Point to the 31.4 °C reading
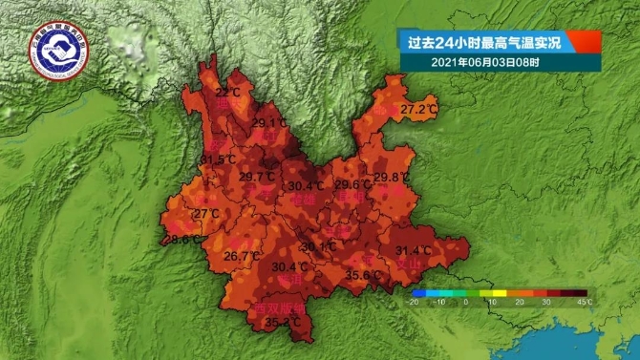pyautogui.click(x=414, y=251)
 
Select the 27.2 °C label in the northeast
pyautogui.click(x=418, y=111)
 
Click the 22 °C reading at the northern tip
pyautogui.click(x=227, y=93)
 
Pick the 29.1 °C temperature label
pyautogui.click(x=269, y=123)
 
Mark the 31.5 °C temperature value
pyautogui.click(x=218, y=159)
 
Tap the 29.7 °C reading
pyautogui.click(x=257, y=177)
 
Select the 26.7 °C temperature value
pyautogui.click(x=241, y=256)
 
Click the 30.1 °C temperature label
pyautogui.click(x=318, y=246)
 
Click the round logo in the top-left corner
pyautogui.click(x=60, y=50)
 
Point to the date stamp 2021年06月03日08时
pyautogui.click(x=485, y=63)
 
